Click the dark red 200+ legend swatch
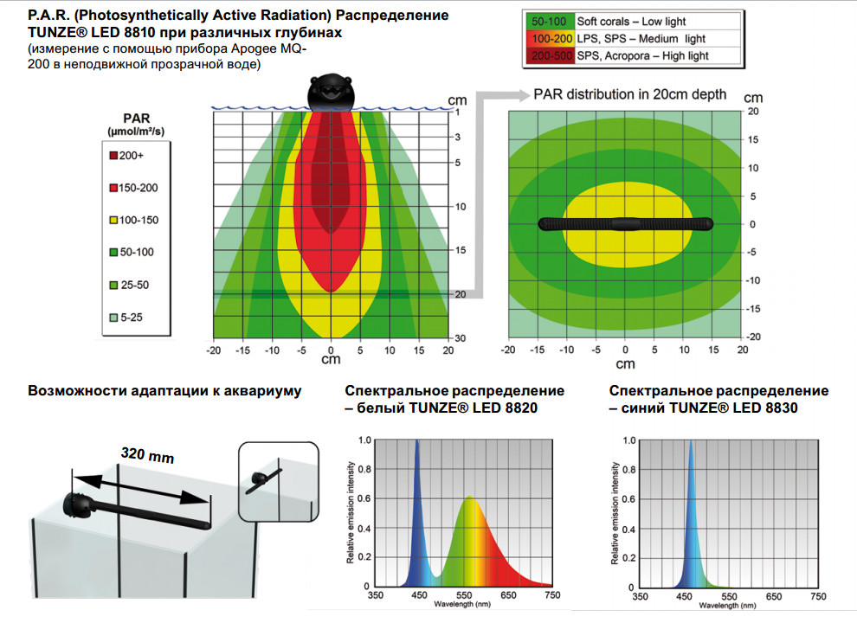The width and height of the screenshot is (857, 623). [x=113, y=156]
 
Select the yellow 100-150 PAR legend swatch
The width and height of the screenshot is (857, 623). [x=113, y=221]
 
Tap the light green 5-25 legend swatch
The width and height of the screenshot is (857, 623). [x=113, y=318]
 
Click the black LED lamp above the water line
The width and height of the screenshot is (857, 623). [x=331, y=92]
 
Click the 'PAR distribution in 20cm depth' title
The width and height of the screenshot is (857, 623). [x=630, y=93]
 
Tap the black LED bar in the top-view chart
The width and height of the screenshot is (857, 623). [x=625, y=224]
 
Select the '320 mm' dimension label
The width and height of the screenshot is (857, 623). [x=148, y=456]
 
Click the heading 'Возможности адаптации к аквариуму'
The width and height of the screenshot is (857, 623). [x=165, y=391]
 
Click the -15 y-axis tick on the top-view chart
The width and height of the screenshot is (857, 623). [x=755, y=308]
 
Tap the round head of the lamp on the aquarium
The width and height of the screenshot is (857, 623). [x=74, y=505]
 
